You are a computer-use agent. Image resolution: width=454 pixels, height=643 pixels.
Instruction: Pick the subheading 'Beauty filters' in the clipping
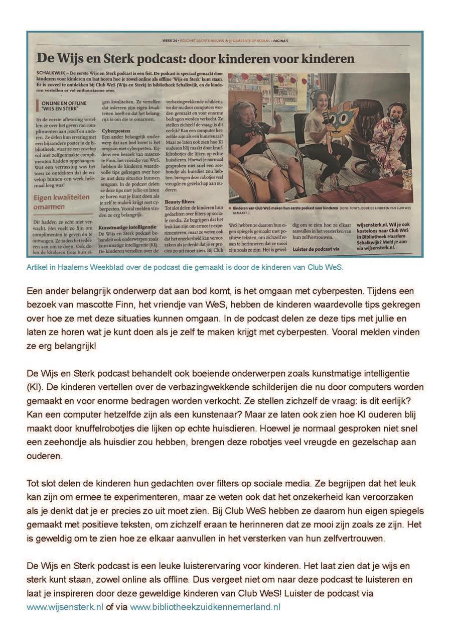179,201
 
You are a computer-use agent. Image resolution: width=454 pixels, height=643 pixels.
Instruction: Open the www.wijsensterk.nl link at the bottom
65,607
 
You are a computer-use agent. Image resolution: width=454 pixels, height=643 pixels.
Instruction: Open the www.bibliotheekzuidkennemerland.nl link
205,607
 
